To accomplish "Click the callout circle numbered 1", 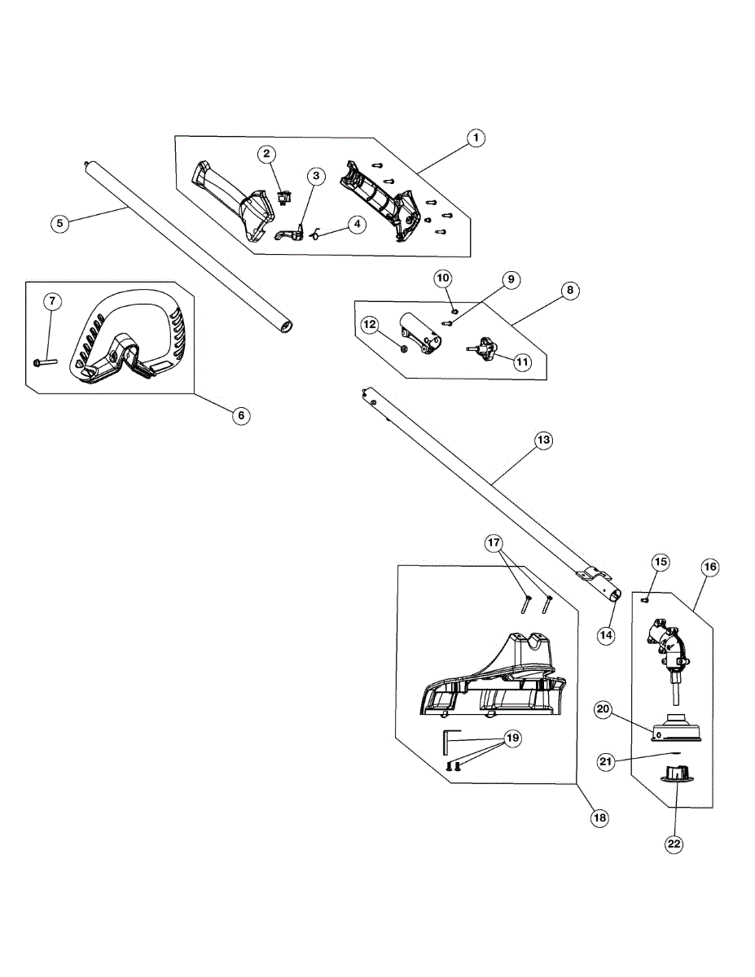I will pos(476,138).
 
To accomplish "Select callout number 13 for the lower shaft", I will pos(543,440).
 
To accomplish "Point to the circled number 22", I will pos(674,843).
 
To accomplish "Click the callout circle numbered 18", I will pos(600,817).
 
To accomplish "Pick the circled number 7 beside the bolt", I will pos(52,302).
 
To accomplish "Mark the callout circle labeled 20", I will pos(604,709).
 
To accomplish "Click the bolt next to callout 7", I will pos(45,361).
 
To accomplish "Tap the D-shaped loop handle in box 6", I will pos(134,334).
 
